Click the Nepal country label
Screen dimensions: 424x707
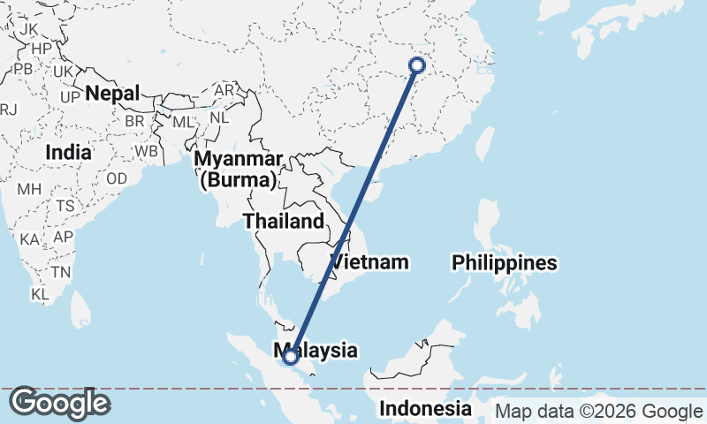(112, 93)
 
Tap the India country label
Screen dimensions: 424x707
(68, 152)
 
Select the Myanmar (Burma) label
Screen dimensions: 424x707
(239, 170)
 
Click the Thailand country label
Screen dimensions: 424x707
(284, 221)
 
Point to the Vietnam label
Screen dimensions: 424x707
(370, 261)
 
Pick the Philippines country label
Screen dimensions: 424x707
(505, 262)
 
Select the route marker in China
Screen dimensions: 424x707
(417, 64)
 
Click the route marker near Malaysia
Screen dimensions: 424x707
(290, 357)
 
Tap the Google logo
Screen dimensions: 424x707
(59, 403)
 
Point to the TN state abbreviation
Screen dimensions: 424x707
(60, 271)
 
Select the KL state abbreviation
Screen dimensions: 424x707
(39, 293)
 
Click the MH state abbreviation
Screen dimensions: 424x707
(29, 188)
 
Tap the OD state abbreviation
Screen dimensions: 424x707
(117, 178)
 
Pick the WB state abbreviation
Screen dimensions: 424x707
(147, 151)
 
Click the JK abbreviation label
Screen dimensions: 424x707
(28, 28)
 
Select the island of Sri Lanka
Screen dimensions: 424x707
(80, 307)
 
